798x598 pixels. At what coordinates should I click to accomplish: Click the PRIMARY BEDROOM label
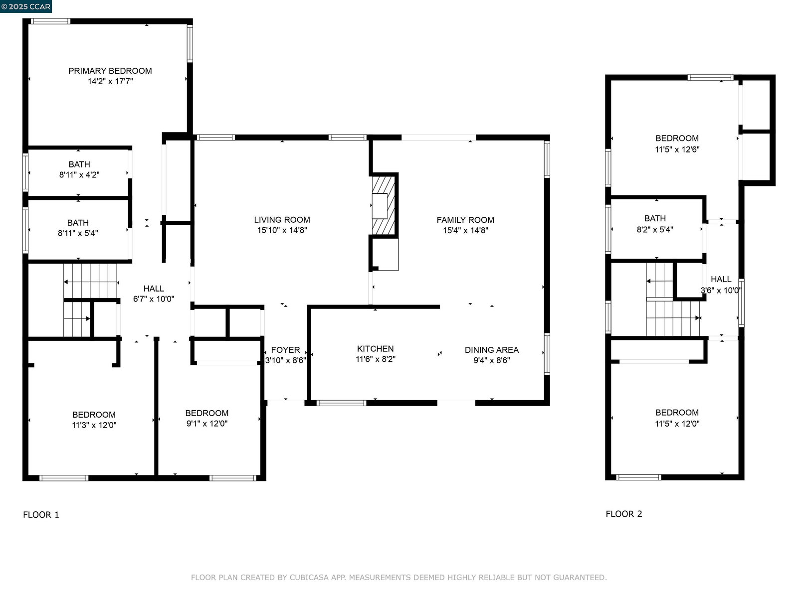(110, 71)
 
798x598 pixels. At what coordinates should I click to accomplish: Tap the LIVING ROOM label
(282, 220)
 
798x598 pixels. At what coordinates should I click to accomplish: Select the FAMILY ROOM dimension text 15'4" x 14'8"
(465, 230)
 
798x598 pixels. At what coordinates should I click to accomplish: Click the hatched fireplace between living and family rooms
(384, 205)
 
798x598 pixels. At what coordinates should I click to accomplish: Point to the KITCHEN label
(375, 349)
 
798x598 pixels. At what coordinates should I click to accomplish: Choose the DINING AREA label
(492, 350)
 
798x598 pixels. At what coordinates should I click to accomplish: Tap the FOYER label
(285, 350)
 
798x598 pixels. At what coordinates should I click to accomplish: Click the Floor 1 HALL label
(154, 289)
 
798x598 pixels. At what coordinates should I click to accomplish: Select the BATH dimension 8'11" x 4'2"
(79, 175)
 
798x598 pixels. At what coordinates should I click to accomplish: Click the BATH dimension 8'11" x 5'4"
(78, 233)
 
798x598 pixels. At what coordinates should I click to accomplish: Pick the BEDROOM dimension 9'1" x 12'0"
(207, 424)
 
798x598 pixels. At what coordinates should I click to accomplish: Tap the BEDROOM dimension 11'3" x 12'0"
(94, 425)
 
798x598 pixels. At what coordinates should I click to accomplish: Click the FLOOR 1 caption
(41, 515)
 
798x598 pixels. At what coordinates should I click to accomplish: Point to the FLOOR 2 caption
(624, 514)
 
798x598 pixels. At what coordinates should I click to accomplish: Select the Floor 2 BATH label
(655, 219)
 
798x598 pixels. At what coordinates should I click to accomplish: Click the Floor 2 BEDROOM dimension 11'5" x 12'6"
(677, 149)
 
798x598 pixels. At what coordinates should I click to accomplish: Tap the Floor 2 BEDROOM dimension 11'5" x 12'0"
(677, 424)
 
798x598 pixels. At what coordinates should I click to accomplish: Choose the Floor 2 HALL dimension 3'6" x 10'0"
(721, 291)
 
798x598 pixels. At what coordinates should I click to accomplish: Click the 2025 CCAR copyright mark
(26, 6)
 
